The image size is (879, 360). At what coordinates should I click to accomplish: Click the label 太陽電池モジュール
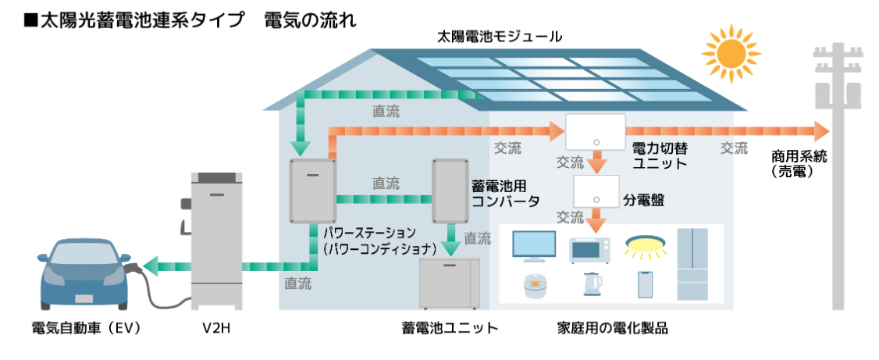click(x=500, y=36)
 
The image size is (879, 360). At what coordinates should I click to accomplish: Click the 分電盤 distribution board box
click(x=596, y=191)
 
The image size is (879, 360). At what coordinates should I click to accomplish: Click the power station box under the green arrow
click(x=311, y=191)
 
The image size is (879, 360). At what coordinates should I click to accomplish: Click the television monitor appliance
click(x=533, y=247)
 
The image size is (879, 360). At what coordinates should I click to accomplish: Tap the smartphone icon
click(x=645, y=285)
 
